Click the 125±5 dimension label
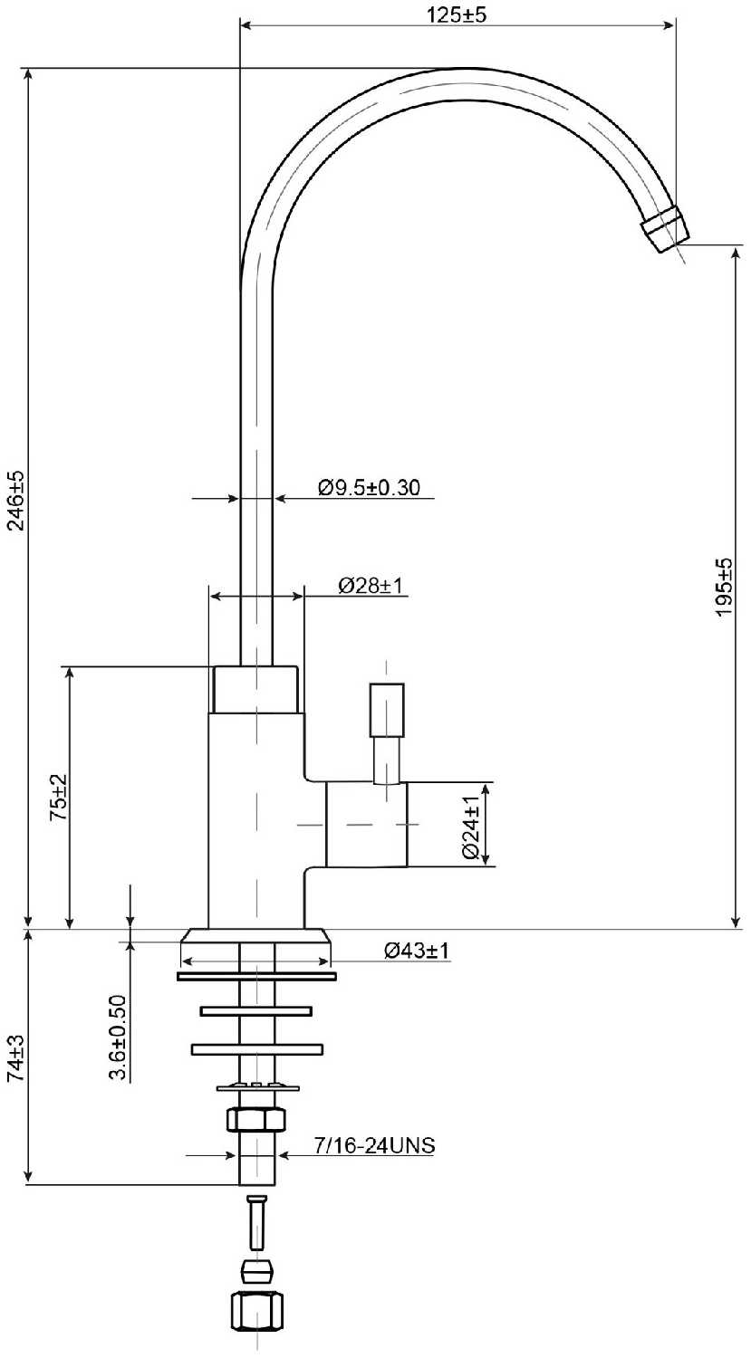pyautogui.click(x=457, y=14)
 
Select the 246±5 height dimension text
pyautogui.click(x=15, y=501)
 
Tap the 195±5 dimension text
pyautogui.click(x=725, y=587)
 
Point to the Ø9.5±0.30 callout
pyautogui.click(x=369, y=487)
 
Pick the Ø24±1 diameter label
pyautogui.click(x=471, y=827)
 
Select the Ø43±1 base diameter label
pyautogui.click(x=417, y=950)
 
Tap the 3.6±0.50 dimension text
pyautogui.click(x=117, y=1038)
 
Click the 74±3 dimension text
pyautogui.click(x=15, y=1058)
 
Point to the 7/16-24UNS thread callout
pyautogui.click(x=374, y=1144)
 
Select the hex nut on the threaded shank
pyautogui.click(x=256, y=1119)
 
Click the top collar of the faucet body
pyautogui.click(x=255, y=689)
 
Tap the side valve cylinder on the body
pyautogui.click(x=367, y=824)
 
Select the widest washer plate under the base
pyautogui.click(x=256, y=976)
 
